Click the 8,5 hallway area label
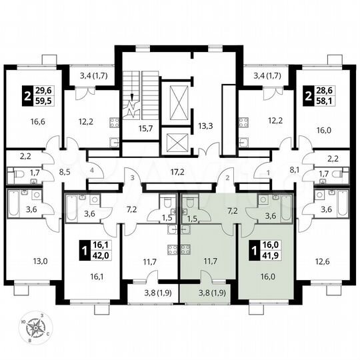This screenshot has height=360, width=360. [64, 171]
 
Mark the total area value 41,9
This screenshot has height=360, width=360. [264, 255]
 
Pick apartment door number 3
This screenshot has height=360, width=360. [133, 178]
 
